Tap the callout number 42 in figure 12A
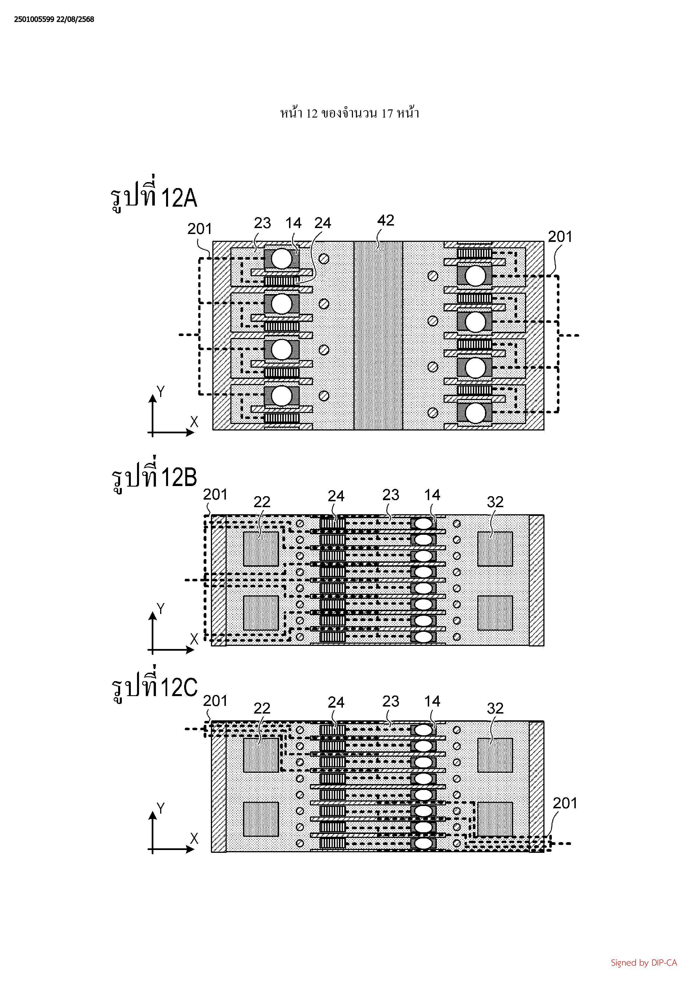(x=385, y=220)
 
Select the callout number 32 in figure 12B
(x=495, y=502)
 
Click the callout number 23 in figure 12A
(x=262, y=223)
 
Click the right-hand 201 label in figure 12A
(x=560, y=237)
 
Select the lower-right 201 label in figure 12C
(x=565, y=803)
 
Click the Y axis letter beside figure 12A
(x=161, y=392)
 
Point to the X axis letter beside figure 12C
(x=194, y=839)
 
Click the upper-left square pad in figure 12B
(x=261, y=549)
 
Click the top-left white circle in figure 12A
(x=282, y=259)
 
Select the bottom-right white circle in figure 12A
(x=475, y=414)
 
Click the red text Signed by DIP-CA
(x=643, y=963)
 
